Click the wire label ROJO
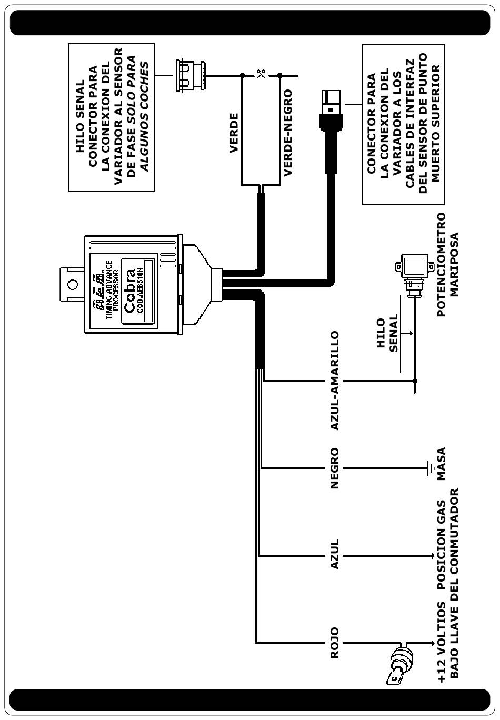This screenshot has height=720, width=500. (335, 643)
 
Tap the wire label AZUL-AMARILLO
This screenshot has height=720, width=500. (335, 381)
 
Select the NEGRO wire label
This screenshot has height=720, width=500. (335, 468)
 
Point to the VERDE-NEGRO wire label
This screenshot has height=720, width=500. (287, 132)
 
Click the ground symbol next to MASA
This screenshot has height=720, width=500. (430, 468)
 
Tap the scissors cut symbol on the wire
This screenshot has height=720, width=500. (261, 75)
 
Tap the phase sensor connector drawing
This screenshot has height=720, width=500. (191, 75)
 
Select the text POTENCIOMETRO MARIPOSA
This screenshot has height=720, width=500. (447, 265)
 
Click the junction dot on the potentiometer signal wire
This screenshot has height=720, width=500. (415, 381)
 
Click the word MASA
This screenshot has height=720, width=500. (442, 464)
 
